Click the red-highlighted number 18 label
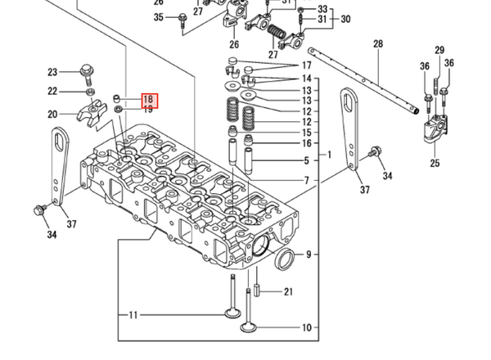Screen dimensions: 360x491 tap(148, 99)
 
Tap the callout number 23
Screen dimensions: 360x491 tap(52, 71)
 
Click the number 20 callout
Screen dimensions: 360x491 tap(52, 114)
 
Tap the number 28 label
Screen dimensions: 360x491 tap(378, 43)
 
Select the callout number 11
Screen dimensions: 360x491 tap(133, 315)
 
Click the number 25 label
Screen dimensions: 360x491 tap(435, 163)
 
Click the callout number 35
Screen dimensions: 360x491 tap(159, 17)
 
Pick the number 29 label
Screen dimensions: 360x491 tap(439, 51)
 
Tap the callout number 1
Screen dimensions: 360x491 tap(330, 155)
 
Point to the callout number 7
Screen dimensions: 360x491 tap(307, 180)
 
